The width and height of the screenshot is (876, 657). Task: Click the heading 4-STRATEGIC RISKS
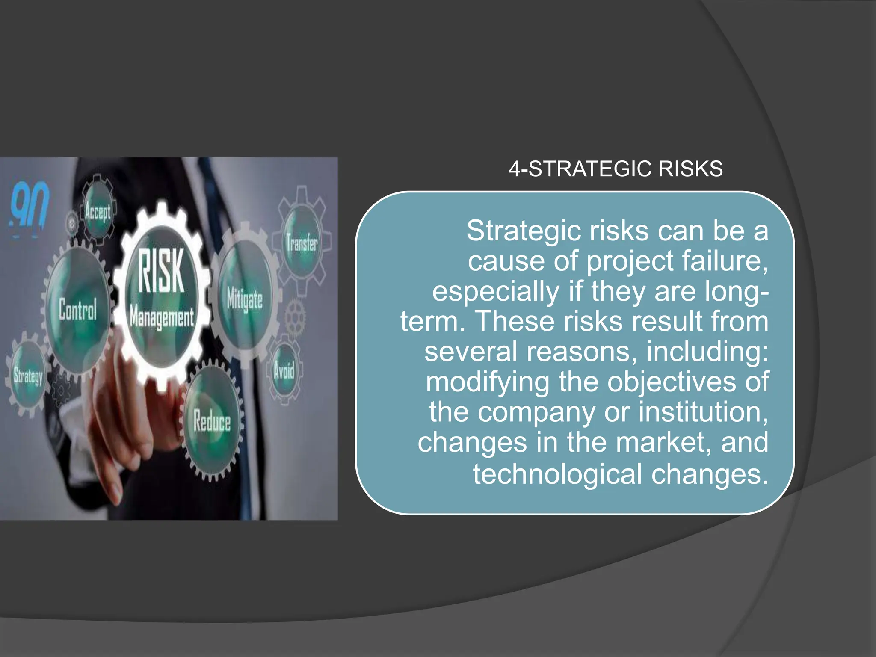[616, 169]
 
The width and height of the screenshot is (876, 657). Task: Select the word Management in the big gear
[162, 317]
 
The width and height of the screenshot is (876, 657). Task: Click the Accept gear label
[98, 212]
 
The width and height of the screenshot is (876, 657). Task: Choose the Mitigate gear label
[245, 299]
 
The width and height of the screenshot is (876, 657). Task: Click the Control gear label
[78, 309]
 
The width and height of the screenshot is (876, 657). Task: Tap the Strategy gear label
[28, 376]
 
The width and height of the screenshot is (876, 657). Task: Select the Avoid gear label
[284, 370]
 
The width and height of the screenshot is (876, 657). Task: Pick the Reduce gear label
[212, 421]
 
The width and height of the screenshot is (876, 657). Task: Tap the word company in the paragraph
[536, 413]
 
